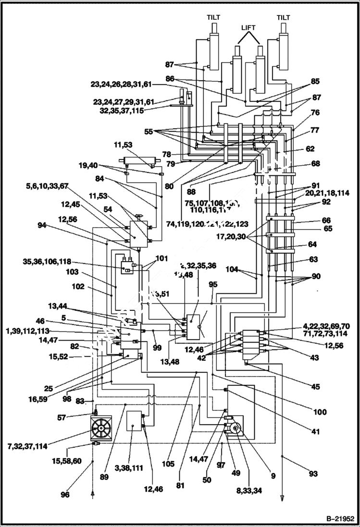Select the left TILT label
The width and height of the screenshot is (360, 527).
coord(213,18)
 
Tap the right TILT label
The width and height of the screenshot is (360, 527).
coord(284,18)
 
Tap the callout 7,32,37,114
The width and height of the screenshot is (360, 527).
coord(27,446)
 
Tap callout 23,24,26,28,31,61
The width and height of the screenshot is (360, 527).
coord(121,84)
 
